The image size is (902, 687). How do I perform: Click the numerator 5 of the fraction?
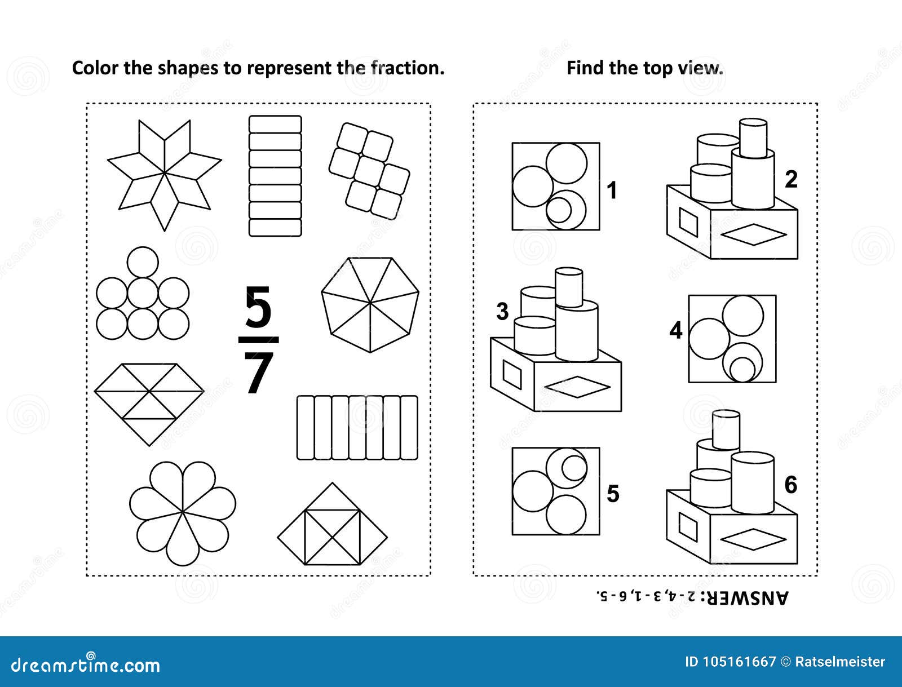point(258,308)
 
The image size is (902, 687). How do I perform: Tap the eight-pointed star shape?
point(165,175)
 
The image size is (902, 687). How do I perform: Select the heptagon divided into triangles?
point(370,304)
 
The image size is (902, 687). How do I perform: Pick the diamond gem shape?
point(149,404)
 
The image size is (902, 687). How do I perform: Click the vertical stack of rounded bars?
point(275,175)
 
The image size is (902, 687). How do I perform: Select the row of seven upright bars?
point(357,427)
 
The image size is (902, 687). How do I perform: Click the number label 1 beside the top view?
point(612,190)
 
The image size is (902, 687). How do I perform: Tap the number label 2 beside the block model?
point(791,179)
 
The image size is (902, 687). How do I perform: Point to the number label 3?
point(502,312)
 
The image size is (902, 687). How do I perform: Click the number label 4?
point(675,330)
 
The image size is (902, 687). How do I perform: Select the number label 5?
point(613,494)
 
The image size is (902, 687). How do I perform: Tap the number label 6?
point(791,485)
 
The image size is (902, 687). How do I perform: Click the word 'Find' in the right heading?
point(585,68)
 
